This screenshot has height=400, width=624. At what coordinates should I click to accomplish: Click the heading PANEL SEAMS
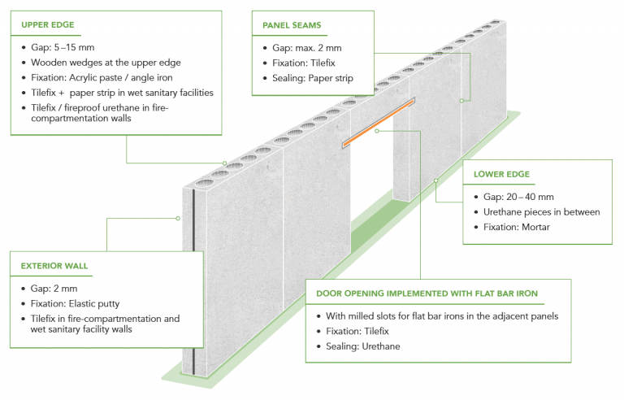pyautogui.click(x=291, y=25)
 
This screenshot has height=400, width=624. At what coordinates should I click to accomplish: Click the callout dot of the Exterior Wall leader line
pyautogui.click(x=177, y=218)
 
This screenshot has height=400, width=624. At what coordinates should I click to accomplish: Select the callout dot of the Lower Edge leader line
pyautogui.click(x=435, y=180)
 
